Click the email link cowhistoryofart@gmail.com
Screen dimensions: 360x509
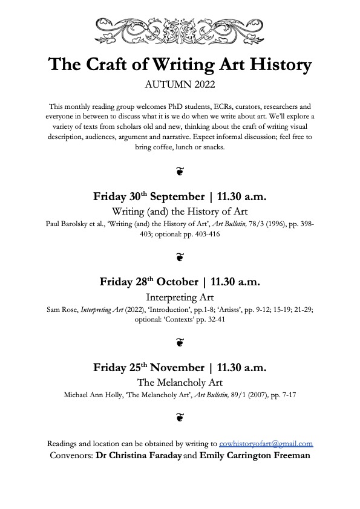click(x=266, y=443)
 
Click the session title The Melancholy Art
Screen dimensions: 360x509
click(x=180, y=382)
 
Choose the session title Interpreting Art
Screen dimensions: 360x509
click(x=180, y=297)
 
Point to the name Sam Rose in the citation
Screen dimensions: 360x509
click(x=60, y=310)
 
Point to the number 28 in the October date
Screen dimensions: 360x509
click(x=137, y=282)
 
